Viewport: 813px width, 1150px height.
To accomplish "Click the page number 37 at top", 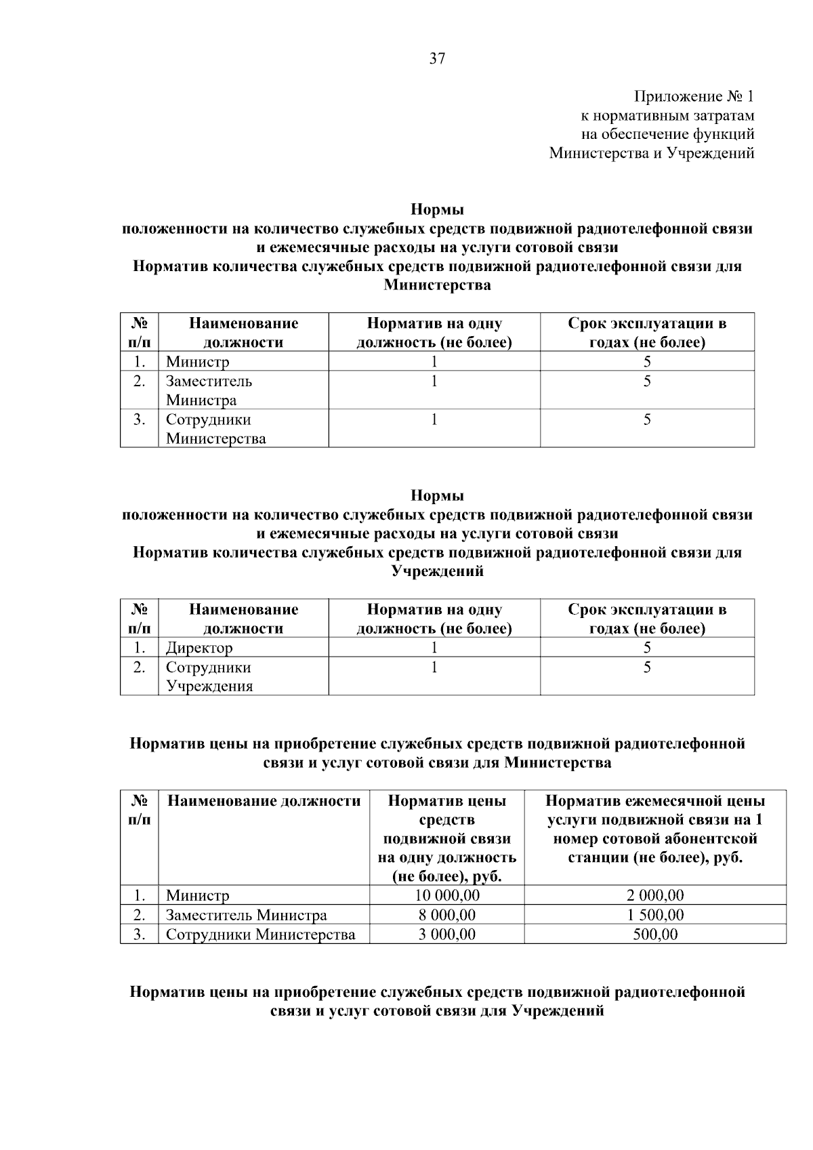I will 438,59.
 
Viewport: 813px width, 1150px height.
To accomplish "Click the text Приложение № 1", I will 694,96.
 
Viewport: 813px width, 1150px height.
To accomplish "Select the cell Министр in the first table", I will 198,362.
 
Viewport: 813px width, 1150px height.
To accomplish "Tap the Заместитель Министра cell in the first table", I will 209,390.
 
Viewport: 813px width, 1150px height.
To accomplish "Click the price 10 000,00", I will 446,895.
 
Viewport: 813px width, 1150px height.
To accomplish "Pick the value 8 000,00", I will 446,915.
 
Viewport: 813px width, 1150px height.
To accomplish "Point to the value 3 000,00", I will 446,935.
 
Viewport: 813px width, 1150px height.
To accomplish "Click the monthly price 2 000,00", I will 654,895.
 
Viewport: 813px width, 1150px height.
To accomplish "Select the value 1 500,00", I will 654,915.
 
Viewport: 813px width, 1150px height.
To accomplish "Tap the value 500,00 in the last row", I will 654,935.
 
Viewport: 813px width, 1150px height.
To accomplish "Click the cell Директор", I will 199,648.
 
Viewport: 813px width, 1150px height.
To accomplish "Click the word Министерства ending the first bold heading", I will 437,285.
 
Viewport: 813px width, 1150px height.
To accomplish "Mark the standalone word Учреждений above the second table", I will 437,571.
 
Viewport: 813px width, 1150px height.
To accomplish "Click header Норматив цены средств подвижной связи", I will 446,838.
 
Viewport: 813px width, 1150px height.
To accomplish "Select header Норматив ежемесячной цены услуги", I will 654,829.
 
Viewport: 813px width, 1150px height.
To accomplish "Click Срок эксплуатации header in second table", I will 647,618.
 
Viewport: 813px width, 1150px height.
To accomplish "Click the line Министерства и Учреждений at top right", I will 651,153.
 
